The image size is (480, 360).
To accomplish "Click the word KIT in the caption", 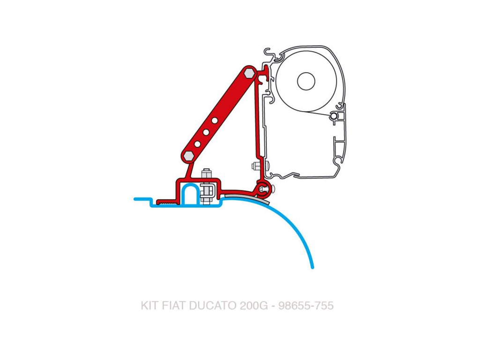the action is [149, 306].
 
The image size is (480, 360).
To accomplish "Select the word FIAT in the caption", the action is [173, 306].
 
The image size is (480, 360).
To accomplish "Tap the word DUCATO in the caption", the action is [213, 306].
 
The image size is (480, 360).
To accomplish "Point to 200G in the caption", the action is [253, 306].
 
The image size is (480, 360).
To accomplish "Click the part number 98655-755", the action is [306, 306].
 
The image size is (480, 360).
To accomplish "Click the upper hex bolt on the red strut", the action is [249, 73].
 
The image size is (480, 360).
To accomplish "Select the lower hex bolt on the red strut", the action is [188, 155].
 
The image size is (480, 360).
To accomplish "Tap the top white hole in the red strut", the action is [214, 120].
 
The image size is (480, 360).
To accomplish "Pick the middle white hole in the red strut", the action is [206, 132].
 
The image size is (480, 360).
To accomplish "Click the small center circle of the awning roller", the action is [306, 81].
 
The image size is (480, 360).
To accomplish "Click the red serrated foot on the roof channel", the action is [166, 202].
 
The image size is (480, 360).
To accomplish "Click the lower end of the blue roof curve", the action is [312, 267].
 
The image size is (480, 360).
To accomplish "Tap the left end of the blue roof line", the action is [135, 199].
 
